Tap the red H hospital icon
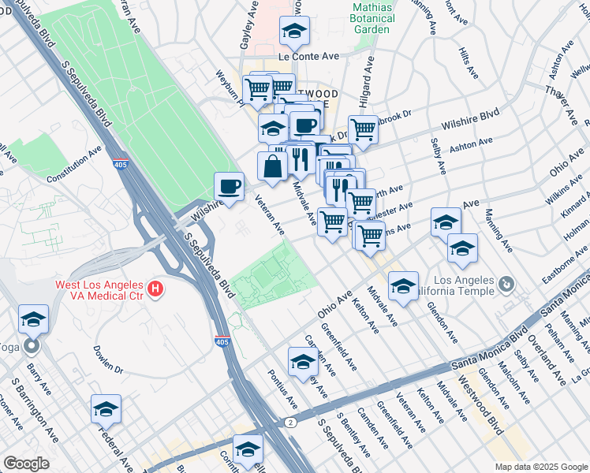[x=156, y=289]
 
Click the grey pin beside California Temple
[x=506, y=283]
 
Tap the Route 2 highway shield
[x=291, y=423]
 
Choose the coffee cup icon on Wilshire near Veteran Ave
[x=229, y=187]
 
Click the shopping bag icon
[x=272, y=166]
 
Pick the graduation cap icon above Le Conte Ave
[x=294, y=32]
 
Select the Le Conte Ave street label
[x=308, y=57]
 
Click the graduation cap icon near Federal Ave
[x=106, y=409]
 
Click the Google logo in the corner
[x=26, y=464]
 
